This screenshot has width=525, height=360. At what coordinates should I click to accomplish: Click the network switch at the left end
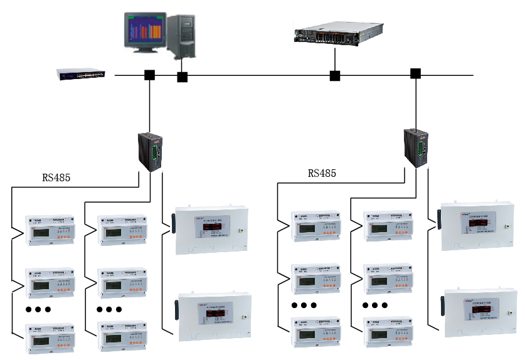tap(81, 74)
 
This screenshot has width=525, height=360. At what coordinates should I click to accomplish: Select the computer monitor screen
tap(144, 31)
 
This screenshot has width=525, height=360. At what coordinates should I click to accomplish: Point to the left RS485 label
tap(56, 177)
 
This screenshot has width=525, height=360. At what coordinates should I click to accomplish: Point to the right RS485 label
tap(322, 173)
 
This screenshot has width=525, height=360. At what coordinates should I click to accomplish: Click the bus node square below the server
tap(335, 76)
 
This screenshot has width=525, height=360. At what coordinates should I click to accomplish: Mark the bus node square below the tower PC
tap(182, 77)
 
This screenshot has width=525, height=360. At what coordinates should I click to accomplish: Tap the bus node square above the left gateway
tap(149, 75)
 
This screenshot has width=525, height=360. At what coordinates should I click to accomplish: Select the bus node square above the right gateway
tap(415, 73)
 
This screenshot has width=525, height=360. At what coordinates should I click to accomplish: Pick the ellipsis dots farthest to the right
tap(375, 305)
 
